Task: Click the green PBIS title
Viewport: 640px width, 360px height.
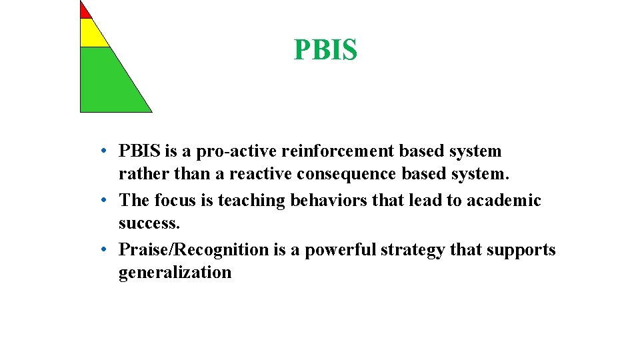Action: [325, 50]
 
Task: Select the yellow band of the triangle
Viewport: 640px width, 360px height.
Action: [92, 34]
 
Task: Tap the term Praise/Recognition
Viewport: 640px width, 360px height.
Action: [193, 249]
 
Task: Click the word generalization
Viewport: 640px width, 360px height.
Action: [175, 272]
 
